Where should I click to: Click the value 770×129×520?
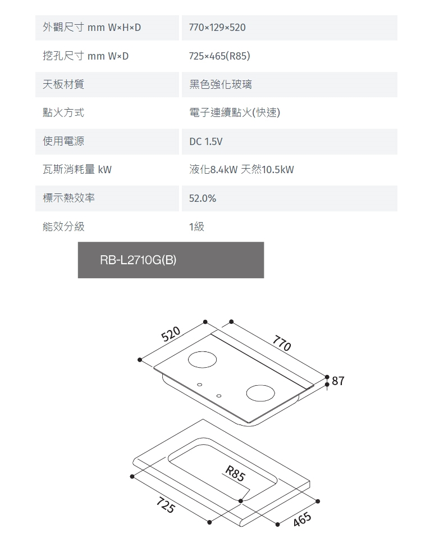click(217, 28)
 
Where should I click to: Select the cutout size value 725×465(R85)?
click(219, 56)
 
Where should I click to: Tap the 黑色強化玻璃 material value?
click(220, 84)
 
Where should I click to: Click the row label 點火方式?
click(63, 112)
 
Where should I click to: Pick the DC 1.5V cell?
click(205, 142)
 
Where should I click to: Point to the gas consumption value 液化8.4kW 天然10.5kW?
click(241, 170)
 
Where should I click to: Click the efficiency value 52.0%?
click(203, 198)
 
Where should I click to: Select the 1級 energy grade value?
click(197, 227)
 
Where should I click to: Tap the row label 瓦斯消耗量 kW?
click(77, 169)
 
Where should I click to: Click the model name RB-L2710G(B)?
click(138, 260)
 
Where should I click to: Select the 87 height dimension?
click(338, 381)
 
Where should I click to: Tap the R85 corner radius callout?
click(234, 474)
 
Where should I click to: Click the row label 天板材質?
click(63, 84)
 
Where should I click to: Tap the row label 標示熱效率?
click(68, 198)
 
